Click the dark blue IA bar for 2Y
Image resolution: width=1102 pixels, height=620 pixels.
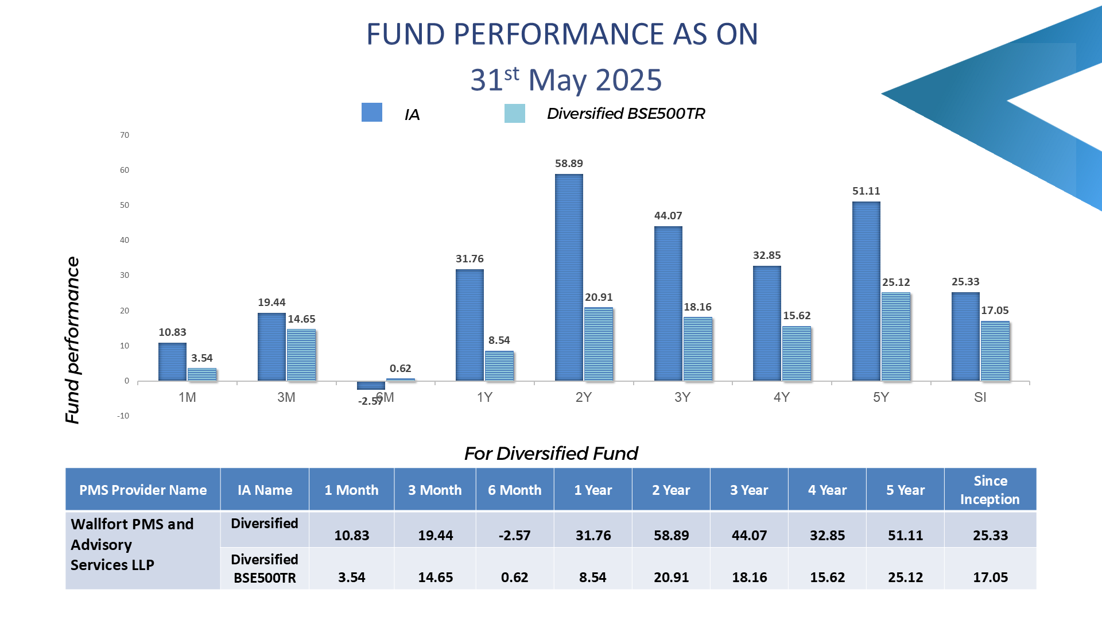tap(569, 277)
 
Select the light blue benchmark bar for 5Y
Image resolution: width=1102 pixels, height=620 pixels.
tap(896, 336)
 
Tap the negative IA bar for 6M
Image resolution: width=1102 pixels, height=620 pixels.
tap(371, 385)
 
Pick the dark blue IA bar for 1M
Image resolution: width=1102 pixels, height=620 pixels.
tap(172, 362)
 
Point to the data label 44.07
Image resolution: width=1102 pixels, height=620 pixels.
tap(668, 216)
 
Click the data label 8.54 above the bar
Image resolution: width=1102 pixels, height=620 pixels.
tap(499, 340)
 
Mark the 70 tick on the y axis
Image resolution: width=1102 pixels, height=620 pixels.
tap(125, 135)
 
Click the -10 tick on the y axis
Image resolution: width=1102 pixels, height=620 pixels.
tap(123, 416)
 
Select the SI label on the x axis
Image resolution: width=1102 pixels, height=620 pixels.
tap(980, 397)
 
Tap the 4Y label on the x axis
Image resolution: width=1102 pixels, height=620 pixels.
tap(782, 397)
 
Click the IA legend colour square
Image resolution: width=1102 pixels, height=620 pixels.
tap(372, 113)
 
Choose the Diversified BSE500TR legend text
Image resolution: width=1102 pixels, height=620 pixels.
tap(626, 114)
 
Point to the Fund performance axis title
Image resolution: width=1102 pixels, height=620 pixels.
tap(72, 340)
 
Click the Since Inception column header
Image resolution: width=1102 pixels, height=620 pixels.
tap(990, 490)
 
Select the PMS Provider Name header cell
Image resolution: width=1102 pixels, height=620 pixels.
tap(143, 490)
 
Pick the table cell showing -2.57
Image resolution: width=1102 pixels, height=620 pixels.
tap(515, 529)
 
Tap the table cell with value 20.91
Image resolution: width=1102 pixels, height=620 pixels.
tap(671, 568)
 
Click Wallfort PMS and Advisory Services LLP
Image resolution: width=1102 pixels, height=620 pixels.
tap(132, 544)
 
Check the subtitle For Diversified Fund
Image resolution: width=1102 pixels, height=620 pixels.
tap(551, 454)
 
